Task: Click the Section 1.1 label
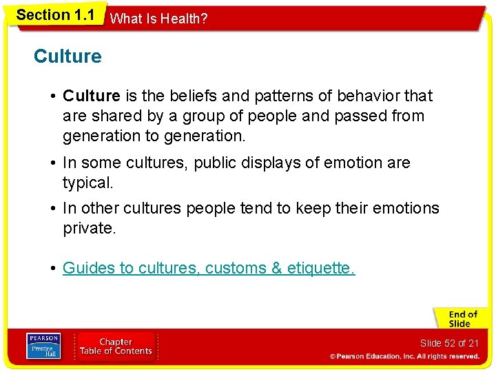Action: pyautogui.click(x=55, y=14)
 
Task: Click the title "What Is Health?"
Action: pyautogui.click(x=158, y=19)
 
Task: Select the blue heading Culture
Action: pyautogui.click(x=68, y=56)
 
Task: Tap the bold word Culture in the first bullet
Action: pyautogui.click(x=92, y=96)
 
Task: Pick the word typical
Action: pyautogui.click(x=88, y=183)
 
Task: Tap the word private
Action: pyautogui.click(x=90, y=228)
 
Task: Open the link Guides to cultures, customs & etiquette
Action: pyautogui.click(x=209, y=269)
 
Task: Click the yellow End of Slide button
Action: pyautogui.click(x=459, y=319)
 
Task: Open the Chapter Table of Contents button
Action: pyautogui.click(x=116, y=346)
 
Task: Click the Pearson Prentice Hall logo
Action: pyautogui.click(x=43, y=346)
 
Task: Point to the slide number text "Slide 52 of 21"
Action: pyautogui.click(x=448, y=343)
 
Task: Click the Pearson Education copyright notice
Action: pyautogui.click(x=404, y=357)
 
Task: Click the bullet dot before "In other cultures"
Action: pyautogui.click(x=53, y=209)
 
